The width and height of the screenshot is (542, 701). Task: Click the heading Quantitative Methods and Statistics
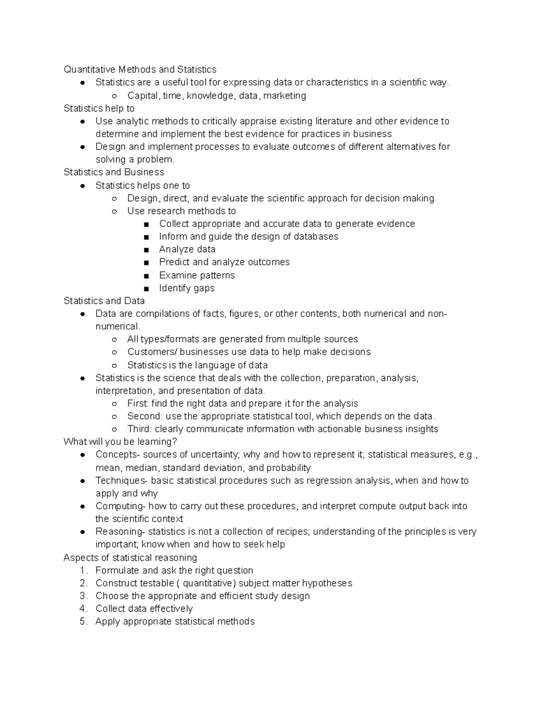pos(140,70)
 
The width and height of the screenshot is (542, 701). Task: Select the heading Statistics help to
pos(99,108)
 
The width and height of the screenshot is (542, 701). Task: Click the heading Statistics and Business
pos(114,172)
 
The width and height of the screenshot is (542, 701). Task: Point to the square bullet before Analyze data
pos(146,250)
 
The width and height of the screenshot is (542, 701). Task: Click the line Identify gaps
pos(187,288)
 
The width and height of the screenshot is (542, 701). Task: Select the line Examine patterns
pos(197,275)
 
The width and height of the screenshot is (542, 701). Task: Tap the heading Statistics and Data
pos(104,301)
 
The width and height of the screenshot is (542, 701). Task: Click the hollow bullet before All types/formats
pos(115,339)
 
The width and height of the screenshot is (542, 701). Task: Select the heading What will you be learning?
pos(120,441)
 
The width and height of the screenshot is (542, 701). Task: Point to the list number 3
pos(83,596)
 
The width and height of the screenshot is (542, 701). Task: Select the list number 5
pos(83,622)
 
